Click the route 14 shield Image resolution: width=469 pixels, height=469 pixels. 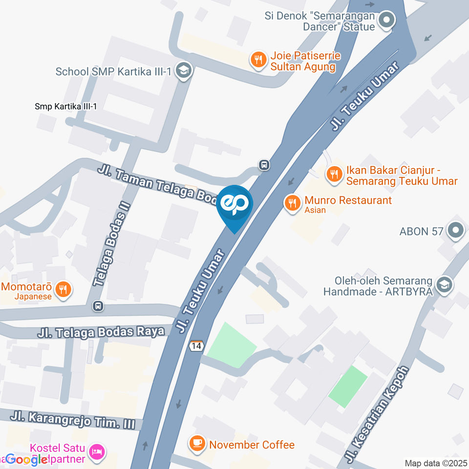point(196,345)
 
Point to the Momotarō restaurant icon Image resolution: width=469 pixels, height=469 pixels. point(63,289)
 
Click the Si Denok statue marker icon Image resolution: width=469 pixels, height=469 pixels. point(387,21)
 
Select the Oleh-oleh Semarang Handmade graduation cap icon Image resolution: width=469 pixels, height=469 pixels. point(445,285)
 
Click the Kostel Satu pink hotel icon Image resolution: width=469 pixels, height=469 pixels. point(97,451)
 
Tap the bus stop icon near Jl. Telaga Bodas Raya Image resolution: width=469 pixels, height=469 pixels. point(98,306)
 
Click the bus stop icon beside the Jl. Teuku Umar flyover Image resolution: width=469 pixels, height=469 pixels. point(264,165)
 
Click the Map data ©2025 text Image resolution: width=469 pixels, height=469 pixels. point(435,463)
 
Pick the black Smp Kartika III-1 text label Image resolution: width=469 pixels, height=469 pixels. point(66,107)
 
